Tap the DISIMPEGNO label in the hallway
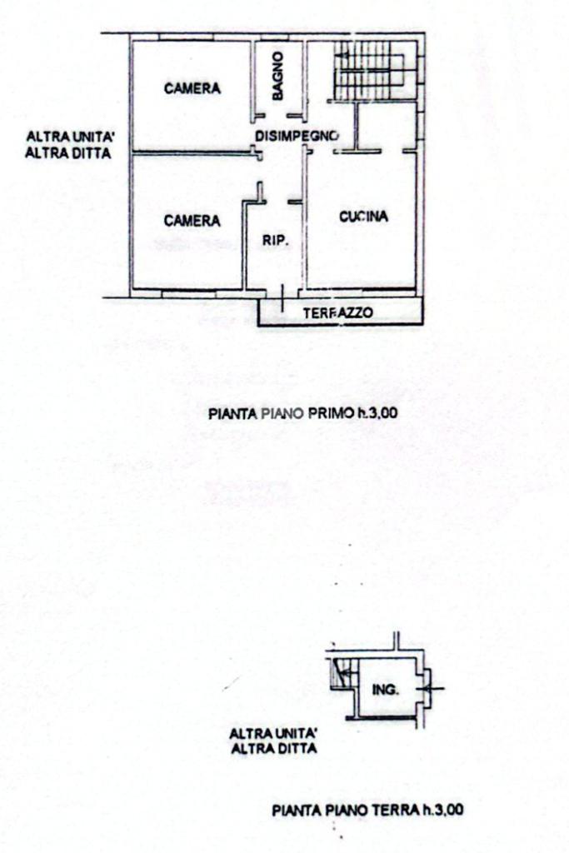click(x=296, y=135)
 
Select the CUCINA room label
click(x=364, y=217)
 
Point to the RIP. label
click(x=276, y=241)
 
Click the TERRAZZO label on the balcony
click(x=337, y=313)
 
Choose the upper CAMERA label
click(x=192, y=87)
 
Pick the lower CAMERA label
click(x=192, y=221)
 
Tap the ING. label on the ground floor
click(x=386, y=690)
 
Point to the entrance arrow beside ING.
click(x=434, y=688)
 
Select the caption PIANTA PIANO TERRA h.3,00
click(x=367, y=809)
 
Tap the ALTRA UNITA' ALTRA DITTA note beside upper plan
click(x=68, y=144)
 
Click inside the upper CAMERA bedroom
click(x=192, y=117)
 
